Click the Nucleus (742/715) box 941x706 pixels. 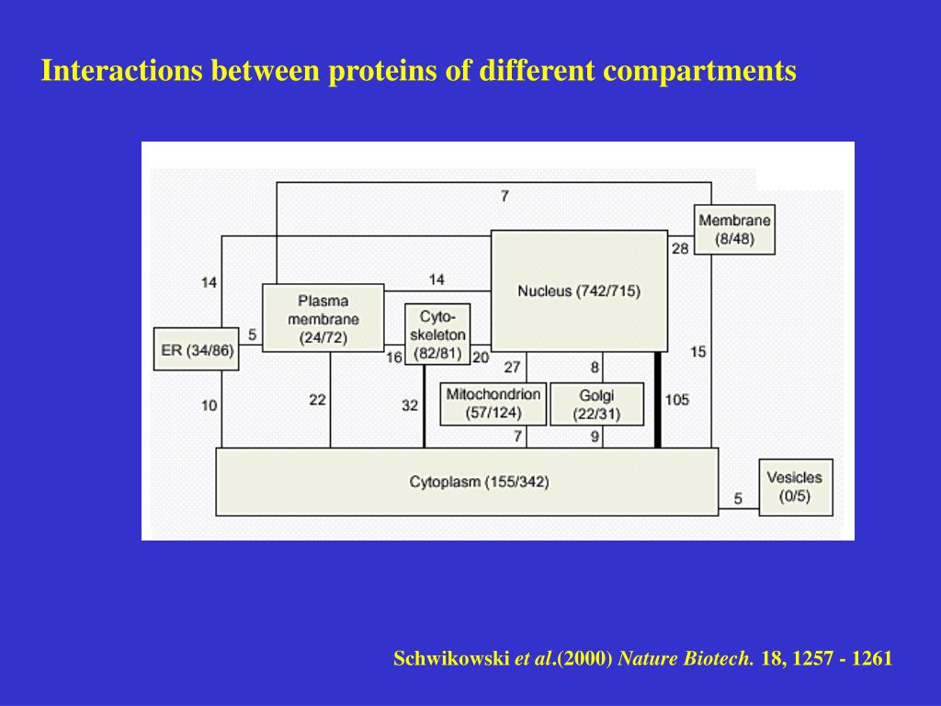[x=579, y=290]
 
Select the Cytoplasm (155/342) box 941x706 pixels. [x=467, y=481]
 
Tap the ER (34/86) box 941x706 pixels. [x=197, y=349]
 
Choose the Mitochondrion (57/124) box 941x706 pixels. [x=493, y=404]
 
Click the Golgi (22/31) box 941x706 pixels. [x=596, y=404]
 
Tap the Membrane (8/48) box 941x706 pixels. [x=734, y=229]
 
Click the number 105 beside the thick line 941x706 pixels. [x=676, y=401]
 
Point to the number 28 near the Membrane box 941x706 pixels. [x=680, y=248]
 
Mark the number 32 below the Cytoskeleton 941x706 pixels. [x=410, y=404]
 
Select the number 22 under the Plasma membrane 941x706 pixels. [x=317, y=400]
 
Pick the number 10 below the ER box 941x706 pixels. [x=210, y=404]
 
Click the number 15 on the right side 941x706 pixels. [x=698, y=351]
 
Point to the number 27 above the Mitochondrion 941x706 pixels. [x=512, y=367]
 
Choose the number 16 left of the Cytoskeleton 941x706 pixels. [x=394, y=358]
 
